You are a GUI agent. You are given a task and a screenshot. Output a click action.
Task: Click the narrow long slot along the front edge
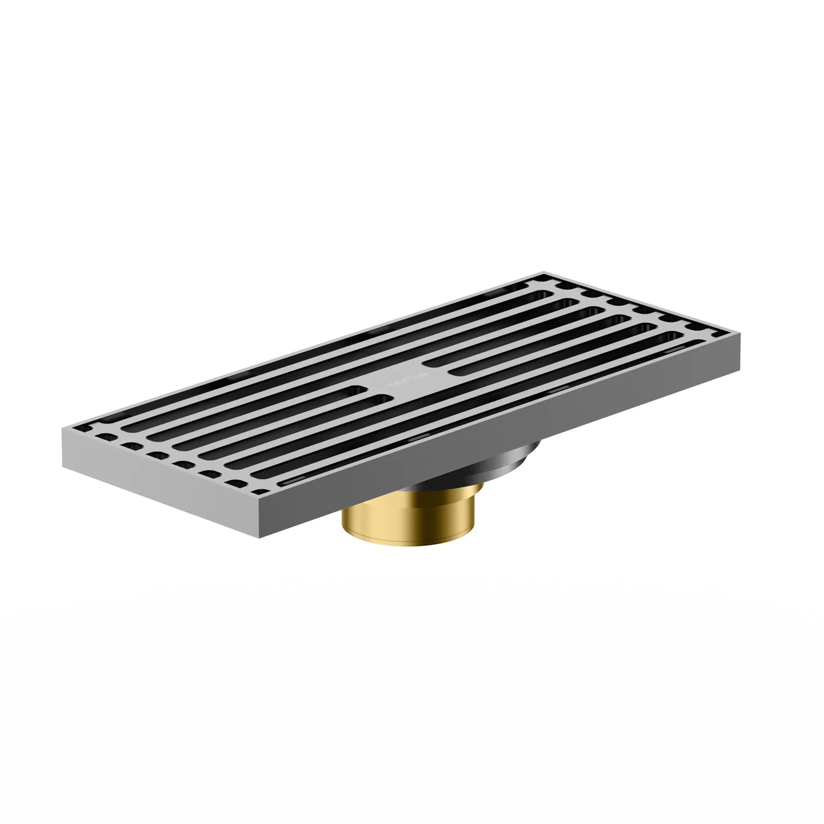point(489,411)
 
